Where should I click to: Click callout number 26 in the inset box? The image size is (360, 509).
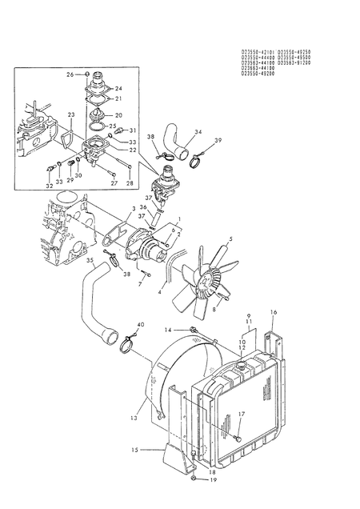click(70, 74)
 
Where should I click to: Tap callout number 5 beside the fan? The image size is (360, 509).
click(231, 238)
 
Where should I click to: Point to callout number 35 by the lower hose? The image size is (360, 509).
click(90, 260)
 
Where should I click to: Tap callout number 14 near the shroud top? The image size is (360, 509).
click(169, 330)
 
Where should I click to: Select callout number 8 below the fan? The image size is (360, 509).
click(214, 307)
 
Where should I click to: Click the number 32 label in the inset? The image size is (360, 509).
click(50, 185)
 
